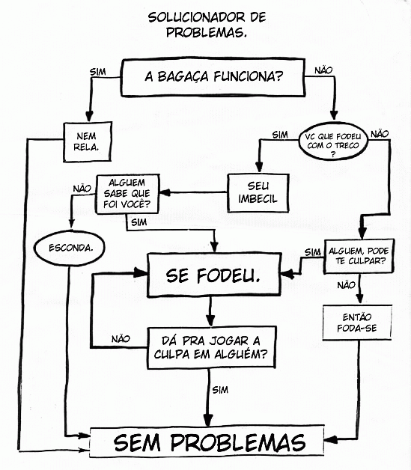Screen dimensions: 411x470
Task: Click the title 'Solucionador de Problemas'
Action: (x=207, y=25)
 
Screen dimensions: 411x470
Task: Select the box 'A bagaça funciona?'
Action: (x=213, y=77)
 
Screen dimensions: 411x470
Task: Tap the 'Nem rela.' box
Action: (x=88, y=141)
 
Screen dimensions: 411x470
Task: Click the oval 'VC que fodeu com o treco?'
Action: (x=333, y=141)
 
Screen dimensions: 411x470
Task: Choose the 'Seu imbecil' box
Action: (x=258, y=193)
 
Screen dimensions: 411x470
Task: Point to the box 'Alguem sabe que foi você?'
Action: (x=127, y=194)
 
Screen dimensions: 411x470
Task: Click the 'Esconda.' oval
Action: (x=70, y=248)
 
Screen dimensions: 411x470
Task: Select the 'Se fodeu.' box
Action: (x=214, y=275)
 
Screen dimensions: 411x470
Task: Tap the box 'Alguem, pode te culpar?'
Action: (x=359, y=256)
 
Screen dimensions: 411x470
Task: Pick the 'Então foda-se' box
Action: (x=357, y=323)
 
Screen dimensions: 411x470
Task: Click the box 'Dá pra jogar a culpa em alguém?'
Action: (x=211, y=347)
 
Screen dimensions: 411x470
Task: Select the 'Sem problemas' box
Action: (x=207, y=442)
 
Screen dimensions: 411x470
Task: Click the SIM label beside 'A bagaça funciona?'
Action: (x=98, y=72)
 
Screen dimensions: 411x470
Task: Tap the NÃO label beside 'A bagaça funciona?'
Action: (x=323, y=70)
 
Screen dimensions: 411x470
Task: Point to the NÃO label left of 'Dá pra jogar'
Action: (x=121, y=339)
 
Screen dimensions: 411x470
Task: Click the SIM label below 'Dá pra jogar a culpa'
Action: (x=220, y=390)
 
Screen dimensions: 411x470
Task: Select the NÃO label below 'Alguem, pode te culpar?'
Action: (x=347, y=285)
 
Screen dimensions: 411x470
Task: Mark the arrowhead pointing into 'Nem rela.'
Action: (x=89, y=116)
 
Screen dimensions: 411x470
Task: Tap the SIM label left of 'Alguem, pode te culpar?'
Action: (x=313, y=253)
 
